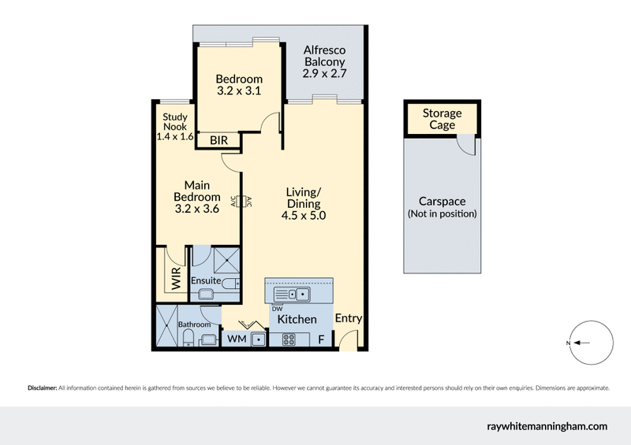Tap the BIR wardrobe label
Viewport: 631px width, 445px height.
(x=219, y=141)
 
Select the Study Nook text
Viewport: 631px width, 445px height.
(x=175, y=127)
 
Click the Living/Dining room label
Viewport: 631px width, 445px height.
(x=304, y=203)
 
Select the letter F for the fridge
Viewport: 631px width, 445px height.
(x=320, y=339)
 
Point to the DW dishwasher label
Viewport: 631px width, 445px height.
(x=277, y=309)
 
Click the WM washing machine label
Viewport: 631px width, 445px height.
(x=236, y=339)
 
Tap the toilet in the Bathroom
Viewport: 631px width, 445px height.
(x=189, y=339)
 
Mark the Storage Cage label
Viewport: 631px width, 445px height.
(x=442, y=119)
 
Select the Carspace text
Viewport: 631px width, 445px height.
(x=442, y=202)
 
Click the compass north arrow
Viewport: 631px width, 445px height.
(x=579, y=343)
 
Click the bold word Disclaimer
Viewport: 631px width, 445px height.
(x=42, y=388)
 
